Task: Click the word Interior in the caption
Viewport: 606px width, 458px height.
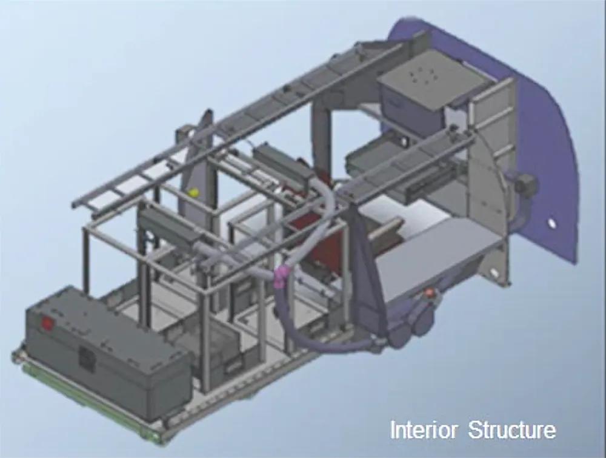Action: point(423,429)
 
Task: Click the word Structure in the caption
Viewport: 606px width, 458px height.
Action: point(512,429)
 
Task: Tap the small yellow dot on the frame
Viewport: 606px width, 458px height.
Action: point(193,192)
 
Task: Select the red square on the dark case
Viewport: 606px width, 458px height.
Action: point(47,322)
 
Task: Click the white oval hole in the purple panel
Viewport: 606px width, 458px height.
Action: point(551,224)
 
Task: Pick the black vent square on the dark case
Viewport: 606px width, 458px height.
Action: point(86,358)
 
